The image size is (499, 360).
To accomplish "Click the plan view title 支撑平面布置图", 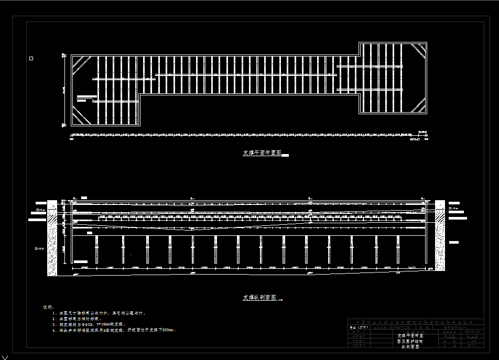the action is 262,154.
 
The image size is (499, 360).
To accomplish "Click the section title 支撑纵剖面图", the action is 259,298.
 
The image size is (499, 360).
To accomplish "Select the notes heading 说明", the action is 47,307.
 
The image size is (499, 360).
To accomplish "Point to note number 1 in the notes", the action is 55,313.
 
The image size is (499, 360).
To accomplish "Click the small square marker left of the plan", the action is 31,58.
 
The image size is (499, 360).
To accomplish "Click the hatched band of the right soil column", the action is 440,214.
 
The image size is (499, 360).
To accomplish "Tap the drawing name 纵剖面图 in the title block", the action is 411,346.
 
